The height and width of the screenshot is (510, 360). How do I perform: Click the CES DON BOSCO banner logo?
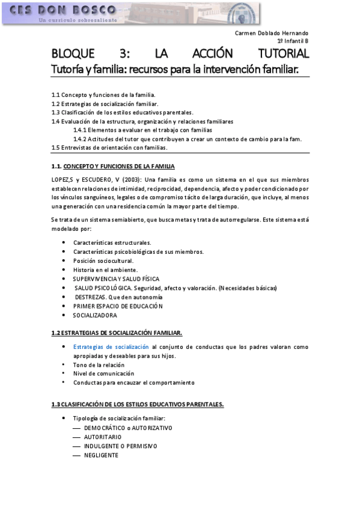click(x=131, y=13)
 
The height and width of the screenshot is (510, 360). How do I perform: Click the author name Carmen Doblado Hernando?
click(x=271, y=33)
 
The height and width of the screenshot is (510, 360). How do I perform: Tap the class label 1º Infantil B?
click(x=293, y=41)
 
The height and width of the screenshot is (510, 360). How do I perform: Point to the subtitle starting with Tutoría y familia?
click(x=175, y=69)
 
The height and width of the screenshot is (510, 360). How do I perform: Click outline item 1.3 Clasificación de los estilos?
click(x=122, y=112)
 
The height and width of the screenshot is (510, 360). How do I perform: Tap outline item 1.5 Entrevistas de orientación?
click(x=109, y=147)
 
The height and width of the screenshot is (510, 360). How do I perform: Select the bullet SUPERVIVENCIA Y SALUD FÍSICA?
click(x=116, y=279)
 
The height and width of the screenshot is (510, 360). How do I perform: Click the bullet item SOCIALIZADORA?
click(x=95, y=315)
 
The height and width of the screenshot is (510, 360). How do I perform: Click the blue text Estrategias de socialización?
click(x=111, y=347)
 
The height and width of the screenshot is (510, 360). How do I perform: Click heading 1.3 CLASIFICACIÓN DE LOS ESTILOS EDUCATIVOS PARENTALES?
click(x=138, y=404)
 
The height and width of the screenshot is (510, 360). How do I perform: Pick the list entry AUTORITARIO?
click(x=103, y=437)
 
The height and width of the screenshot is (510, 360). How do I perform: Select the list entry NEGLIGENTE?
click(x=101, y=455)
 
